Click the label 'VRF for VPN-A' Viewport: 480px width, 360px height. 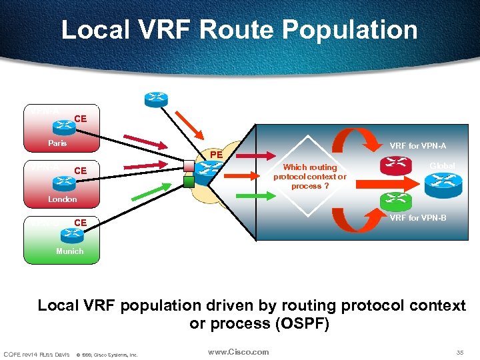pos(417,146)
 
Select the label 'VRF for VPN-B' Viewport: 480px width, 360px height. pos(418,218)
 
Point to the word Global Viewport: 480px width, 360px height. pos(442,166)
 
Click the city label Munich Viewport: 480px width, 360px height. pos(70,251)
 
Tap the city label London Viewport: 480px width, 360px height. pos(62,199)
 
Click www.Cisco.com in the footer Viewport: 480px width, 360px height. pos(238,352)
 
